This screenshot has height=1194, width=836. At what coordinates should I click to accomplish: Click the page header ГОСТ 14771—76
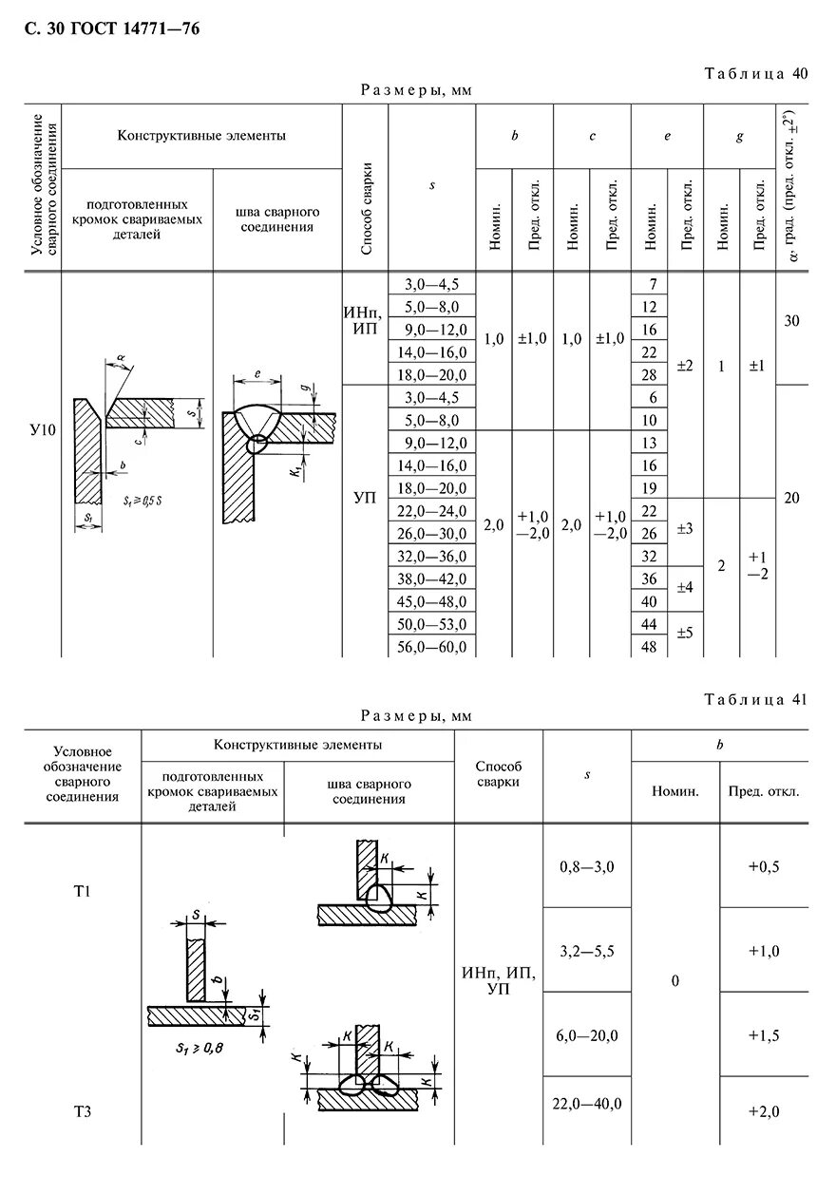111,29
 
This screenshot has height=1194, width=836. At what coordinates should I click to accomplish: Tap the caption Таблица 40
755,74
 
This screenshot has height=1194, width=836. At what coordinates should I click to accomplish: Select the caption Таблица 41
755,699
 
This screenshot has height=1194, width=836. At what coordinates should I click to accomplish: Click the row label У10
43,430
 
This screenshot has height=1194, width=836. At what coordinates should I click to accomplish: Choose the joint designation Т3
83,1110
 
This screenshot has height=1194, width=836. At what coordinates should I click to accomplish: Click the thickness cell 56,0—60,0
436,647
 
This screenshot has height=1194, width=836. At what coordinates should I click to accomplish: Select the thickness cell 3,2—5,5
586,949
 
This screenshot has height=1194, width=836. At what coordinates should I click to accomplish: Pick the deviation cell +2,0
763,1112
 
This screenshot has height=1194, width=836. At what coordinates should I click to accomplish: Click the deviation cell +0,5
763,866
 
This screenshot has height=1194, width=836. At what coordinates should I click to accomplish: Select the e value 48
650,647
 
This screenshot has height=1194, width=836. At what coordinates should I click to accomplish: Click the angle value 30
791,321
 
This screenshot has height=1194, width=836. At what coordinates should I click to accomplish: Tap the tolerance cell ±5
685,631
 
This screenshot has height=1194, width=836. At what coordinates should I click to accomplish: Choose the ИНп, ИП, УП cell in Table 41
498,980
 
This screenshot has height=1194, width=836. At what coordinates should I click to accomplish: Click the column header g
739,137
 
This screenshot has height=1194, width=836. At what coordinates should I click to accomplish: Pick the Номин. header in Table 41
674,791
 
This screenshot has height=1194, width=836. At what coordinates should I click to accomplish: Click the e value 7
651,284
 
